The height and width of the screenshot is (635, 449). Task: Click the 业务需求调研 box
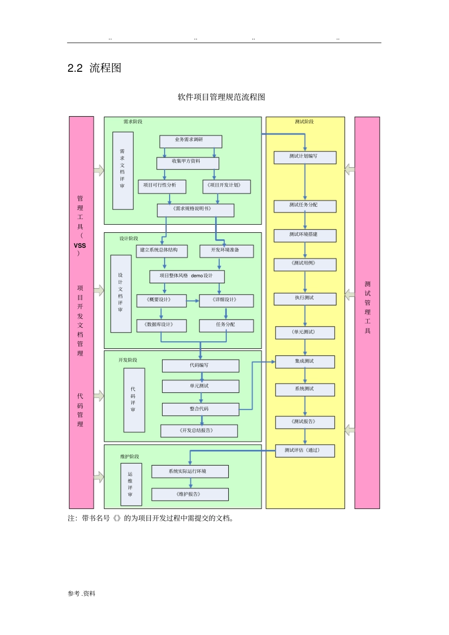190,141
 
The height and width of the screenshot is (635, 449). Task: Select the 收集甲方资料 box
188,162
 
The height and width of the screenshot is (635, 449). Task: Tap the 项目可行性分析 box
162,186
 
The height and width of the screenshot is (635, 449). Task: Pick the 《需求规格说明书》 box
195,210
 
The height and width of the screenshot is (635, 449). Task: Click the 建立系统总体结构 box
162,251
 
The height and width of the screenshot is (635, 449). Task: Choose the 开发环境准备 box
226,251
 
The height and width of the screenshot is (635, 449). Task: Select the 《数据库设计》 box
161,325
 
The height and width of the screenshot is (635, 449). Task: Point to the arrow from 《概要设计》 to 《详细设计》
192,301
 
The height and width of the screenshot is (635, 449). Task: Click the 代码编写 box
200,366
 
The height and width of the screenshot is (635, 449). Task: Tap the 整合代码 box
200,409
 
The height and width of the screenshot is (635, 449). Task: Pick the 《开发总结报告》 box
199,431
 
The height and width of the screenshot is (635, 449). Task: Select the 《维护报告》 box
190,494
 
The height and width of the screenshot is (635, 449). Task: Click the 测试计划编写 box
305,157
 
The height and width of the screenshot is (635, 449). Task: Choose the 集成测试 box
305,362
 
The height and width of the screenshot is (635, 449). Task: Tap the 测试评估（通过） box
305,451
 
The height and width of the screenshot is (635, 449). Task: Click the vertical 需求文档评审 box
123,170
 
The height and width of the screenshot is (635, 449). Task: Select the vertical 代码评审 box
134,400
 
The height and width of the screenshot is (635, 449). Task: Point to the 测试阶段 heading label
304,122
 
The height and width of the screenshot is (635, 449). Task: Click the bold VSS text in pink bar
80,246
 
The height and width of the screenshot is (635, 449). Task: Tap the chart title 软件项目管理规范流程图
221,97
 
